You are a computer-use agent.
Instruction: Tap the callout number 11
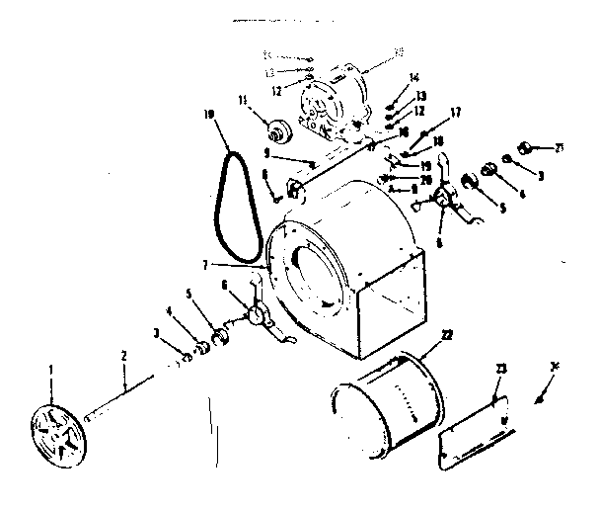[x=243, y=100]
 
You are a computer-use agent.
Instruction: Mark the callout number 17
[x=427, y=112]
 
